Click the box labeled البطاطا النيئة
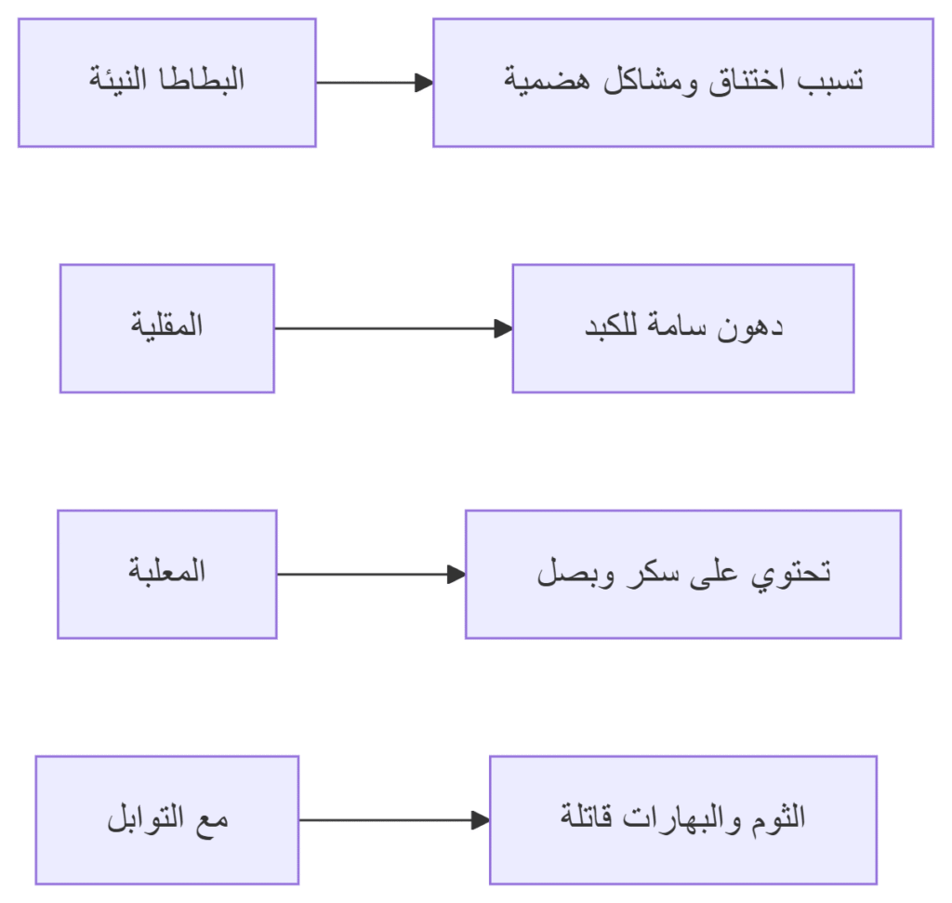pyautogui.click(x=167, y=83)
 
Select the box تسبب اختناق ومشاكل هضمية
pyautogui.click(x=683, y=83)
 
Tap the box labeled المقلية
pyautogui.click(x=167, y=328)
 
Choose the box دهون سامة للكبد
pyautogui.click(x=683, y=328)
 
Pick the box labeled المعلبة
pyautogui.click(x=167, y=575)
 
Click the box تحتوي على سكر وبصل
pyautogui.click(x=683, y=575)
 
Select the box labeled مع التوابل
pyautogui.click(x=167, y=820)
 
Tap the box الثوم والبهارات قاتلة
pyautogui.click(x=683, y=820)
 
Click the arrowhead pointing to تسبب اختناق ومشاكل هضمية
pyautogui.click(x=424, y=83)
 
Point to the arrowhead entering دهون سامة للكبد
pyautogui.click(x=504, y=328)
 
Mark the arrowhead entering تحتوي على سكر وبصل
pyautogui.click(x=456, y=575)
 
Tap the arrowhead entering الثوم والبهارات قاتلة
pyautogui.click(x=481, y=820)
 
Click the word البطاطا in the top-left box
pyautogui.click(x=202, y=80)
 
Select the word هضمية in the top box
pyautogui.click(x=547, y=81)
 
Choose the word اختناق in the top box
pyautogui.click(x=747, y=82)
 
